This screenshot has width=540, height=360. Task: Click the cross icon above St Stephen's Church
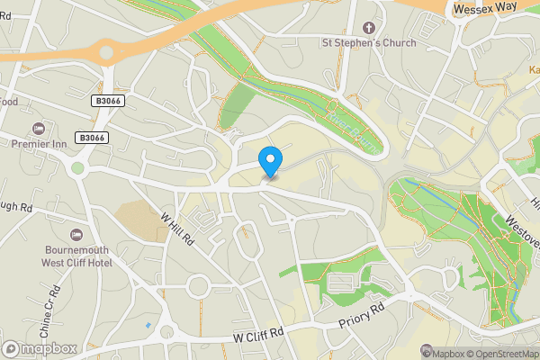367,28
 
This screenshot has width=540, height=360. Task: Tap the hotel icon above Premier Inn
37,127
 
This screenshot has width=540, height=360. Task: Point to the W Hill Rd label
177,227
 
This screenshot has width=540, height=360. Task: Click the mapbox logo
39,347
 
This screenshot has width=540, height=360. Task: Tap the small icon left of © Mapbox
427,352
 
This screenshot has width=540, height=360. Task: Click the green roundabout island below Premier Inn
77,167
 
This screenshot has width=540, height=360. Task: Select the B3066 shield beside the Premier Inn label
90,138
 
